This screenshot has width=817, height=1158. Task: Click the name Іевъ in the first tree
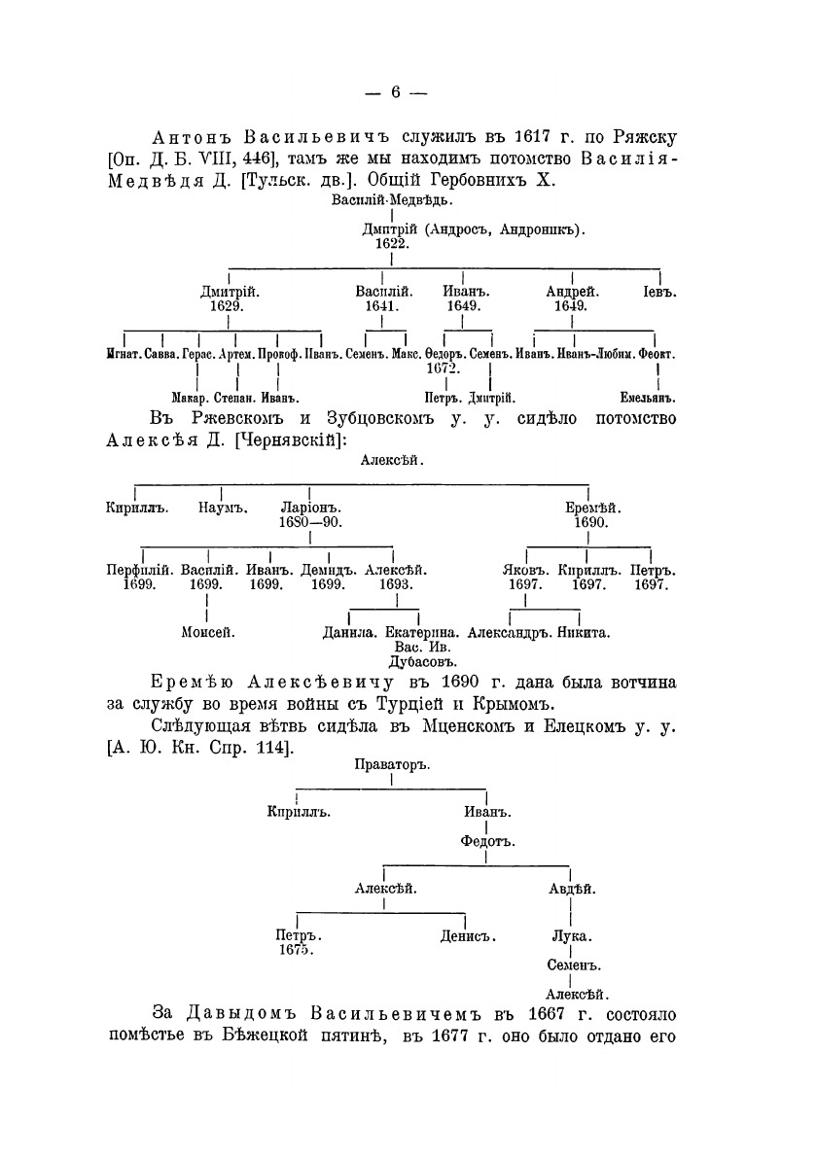(x=659, y=291)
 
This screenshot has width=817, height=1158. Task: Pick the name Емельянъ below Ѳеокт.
(x=648, y=398)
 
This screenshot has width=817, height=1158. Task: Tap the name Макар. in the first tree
(x=191, y=398)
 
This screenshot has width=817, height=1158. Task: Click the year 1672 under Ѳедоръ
(x=443, y=368)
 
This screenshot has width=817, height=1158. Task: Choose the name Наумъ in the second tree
(x=224, y=507)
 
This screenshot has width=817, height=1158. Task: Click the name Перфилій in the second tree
(x=139, y=570)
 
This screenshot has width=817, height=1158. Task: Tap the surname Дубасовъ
(x=408, y=661)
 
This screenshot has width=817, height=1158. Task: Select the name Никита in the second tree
(x=584, y=632)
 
